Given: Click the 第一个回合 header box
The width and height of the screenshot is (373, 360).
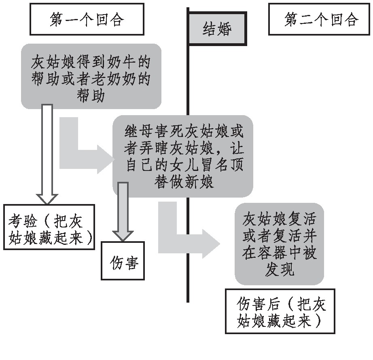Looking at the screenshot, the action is [87, 19].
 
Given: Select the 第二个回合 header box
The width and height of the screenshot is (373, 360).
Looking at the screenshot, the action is [319, 19].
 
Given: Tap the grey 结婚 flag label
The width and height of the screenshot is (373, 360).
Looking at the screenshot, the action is [217, 29].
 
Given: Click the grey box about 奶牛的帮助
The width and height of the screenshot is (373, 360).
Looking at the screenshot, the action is [91, 76].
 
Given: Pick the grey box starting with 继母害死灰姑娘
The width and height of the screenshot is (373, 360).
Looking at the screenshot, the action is [183, 156].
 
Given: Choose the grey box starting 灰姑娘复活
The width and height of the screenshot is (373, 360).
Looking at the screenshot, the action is [279, 244].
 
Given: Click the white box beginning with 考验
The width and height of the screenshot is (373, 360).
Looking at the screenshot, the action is [49, 227].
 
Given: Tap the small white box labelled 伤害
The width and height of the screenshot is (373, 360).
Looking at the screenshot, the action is [123, 261].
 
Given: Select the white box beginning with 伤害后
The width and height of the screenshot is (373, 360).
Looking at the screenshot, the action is [280, 311].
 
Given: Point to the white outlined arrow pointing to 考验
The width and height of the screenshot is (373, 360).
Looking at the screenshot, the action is [47, 154].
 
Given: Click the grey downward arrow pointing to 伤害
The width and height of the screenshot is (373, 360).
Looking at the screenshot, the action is [123, 211].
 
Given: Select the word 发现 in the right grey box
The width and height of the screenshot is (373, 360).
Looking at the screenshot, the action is [279, 269].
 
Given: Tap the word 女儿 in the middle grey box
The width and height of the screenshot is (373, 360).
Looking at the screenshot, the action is [184, 165].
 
